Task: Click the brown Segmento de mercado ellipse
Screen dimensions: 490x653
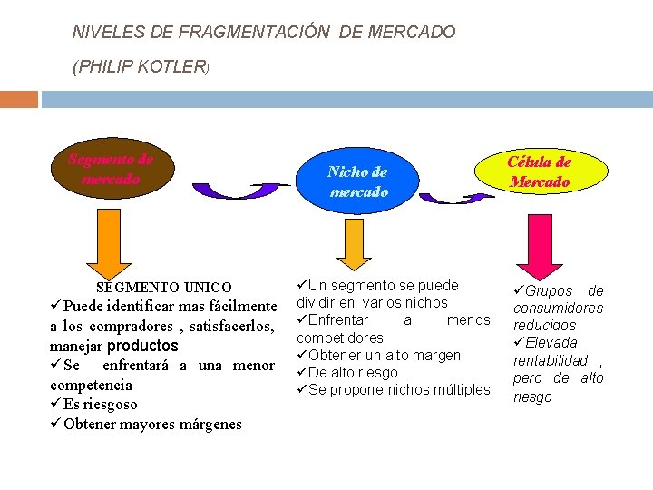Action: tap(111, 170)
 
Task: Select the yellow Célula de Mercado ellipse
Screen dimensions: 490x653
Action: tap(539, 171)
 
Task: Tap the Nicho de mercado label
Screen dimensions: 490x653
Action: tap(358, 181)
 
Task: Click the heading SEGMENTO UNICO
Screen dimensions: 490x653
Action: tap(163, 288)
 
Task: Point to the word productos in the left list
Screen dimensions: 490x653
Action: tap(143, 346)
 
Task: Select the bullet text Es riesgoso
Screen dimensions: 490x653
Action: tap(101, 405)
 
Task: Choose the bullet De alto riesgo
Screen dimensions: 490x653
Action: tap(353, 373)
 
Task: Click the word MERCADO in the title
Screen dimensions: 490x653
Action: tap(412, 33)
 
